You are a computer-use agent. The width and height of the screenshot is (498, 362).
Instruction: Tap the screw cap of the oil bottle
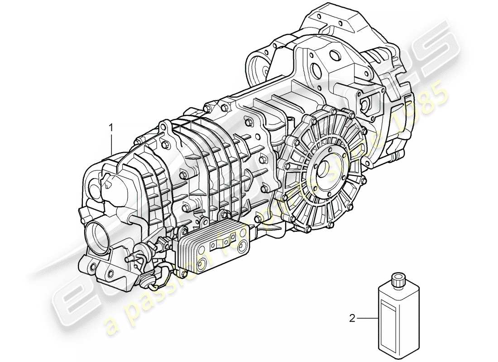[x=398, y=280]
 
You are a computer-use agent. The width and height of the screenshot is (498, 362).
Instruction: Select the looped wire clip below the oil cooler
[x=162, y=276]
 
